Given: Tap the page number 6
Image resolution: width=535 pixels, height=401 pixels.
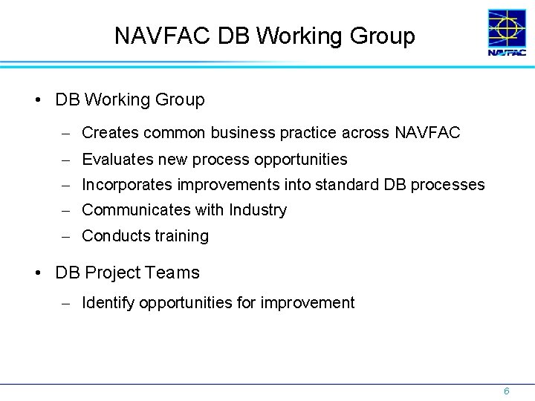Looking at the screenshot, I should click(x=506, y=391).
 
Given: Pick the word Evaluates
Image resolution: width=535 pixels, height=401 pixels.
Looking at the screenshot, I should click(x=115, y=159).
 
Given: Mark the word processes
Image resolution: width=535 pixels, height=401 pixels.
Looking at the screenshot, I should click(x=450, y=184).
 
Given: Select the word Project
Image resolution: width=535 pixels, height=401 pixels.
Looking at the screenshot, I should click(x=111, y=273).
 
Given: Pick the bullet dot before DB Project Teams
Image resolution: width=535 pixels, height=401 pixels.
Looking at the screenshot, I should click(x=38, y=273).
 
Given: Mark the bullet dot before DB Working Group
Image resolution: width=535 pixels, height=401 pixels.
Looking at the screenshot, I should click(x=38, y=100).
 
